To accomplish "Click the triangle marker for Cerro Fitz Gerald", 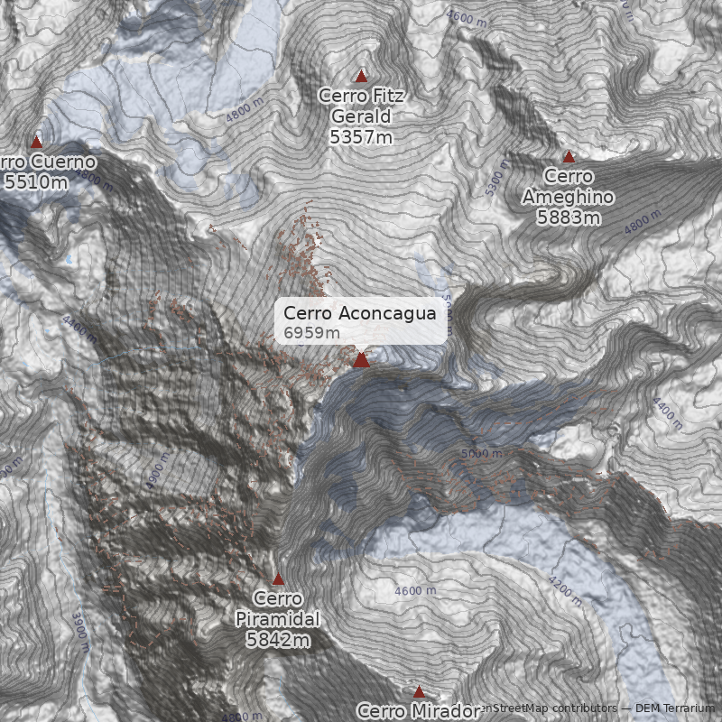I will coord(362,76).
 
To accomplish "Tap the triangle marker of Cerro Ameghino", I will coord(569,157).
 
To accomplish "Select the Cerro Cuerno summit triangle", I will coord(37,142).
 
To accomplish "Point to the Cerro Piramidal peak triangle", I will coord(278,579).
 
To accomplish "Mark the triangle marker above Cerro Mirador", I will coord(419,692).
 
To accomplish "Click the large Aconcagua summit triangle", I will coord(361,360).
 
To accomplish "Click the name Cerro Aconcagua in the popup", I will coord(359,313).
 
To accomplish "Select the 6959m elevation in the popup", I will coord(311,333).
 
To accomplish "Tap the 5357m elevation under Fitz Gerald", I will coord(361,137).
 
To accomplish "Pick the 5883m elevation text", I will coord(569,218).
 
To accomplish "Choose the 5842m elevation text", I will coord(278,640).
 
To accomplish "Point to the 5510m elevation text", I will coord(36,182).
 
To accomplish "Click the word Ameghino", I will coord(569,198).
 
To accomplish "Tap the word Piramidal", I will coord(278,619).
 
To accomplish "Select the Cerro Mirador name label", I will coord(419,710).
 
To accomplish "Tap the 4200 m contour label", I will coord(566,591).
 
